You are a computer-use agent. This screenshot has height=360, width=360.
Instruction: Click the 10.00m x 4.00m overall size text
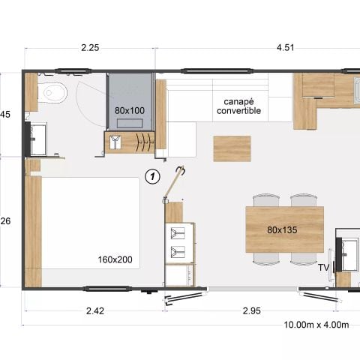(316, 325)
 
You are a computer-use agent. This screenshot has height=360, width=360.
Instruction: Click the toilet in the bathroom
(55, 94)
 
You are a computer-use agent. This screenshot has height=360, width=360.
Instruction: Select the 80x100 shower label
(130, 110)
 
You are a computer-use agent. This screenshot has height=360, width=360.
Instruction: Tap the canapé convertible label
(238, 106)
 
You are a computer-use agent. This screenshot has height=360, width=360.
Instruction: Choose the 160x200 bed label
(115, 259)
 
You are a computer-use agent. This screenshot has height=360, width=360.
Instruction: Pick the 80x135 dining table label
(283, 230)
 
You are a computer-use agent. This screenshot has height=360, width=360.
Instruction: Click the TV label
(324, 267)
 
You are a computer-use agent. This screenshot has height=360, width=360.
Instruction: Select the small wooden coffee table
(232, 148)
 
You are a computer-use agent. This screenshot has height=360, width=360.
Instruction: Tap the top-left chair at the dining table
(265, 200)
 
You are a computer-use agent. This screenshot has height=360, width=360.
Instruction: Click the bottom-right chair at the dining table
(303, 257)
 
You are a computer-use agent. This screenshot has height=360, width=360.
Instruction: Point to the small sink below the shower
(115, 142)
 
